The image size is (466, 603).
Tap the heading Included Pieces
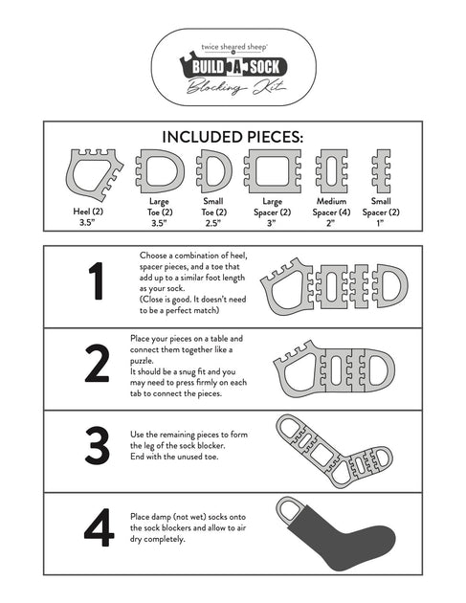[233, 137]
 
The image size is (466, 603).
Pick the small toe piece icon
[213, 173]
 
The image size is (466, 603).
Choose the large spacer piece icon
[272, 173]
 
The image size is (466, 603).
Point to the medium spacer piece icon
[331, 173]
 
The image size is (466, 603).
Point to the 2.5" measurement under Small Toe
[213, 223]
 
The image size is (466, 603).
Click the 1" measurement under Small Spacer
[380, 223]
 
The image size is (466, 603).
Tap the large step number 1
[96, 282]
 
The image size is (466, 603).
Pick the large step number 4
[98, 530]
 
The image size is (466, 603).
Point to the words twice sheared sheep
[233, 44]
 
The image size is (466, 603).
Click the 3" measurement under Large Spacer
[272, 223]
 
